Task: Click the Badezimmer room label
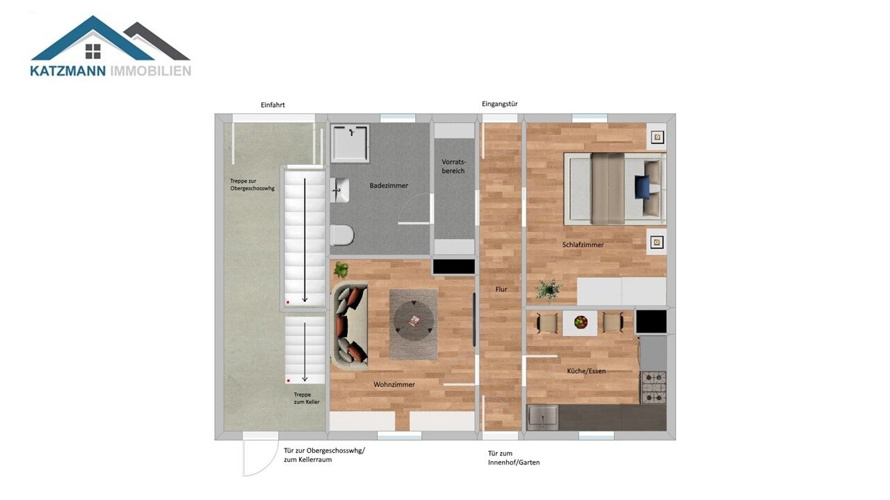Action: point(389,185)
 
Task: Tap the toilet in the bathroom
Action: point(341,235)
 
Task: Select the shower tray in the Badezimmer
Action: point(350,143)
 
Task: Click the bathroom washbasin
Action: point(340,190)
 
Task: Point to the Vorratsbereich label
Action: point(453,166)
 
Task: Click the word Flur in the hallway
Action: point(501,290)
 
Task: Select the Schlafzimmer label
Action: point(583,245)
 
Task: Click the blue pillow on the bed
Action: point(642,187)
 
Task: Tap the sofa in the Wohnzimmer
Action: point(350,327)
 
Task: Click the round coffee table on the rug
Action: point(413,321)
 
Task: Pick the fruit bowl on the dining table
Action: point(581,322)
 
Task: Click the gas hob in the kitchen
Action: point(654,387)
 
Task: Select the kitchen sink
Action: point(542,417)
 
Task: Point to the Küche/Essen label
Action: point(586,371)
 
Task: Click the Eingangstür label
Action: point(499,104)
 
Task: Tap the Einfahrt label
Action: point(273,105)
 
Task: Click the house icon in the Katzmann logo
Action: point(93,51)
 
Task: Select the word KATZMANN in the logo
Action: point(68,71)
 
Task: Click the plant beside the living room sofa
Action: point(341,270)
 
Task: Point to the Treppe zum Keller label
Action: point(307,398)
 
